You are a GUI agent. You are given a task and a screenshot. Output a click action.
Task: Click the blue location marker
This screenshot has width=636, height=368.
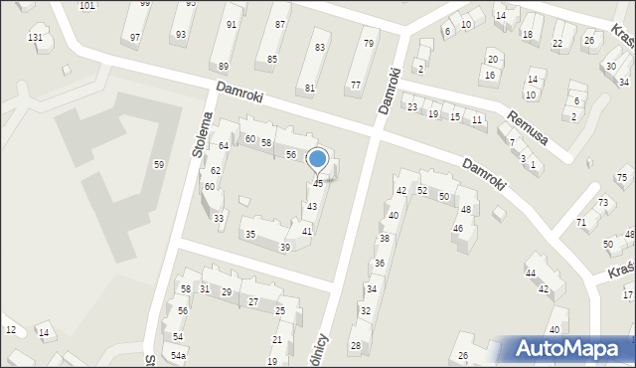click(318, 159)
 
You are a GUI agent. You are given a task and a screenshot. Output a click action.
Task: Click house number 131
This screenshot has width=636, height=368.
click(36, 38)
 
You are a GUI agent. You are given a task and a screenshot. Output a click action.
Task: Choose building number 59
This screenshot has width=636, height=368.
click(158, 164)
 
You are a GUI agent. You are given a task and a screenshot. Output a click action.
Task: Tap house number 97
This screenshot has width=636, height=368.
click(135, 37)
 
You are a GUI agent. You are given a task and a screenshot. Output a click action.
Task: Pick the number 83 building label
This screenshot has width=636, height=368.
click(319, 47)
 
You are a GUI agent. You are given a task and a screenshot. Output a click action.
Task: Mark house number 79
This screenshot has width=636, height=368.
click(369, 43)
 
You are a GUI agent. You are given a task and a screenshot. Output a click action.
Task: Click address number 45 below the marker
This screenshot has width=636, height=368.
click(318, 184)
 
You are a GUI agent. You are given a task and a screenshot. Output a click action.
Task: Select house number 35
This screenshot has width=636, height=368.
click(250, 235)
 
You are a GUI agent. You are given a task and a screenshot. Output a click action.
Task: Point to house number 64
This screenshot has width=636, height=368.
click(224, 146)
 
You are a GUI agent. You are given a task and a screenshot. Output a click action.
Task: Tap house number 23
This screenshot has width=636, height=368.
click(411, 106)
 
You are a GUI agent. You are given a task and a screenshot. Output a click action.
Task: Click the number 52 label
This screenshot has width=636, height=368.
click(422, 190)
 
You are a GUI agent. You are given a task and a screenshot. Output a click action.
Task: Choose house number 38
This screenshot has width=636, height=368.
click(384, 239)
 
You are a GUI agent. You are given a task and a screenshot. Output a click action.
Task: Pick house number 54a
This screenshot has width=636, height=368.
click(178, 355)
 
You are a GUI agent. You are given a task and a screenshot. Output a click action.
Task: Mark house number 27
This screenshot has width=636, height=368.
click(253, 301)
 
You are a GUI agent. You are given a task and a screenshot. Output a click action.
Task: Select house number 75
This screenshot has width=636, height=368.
click(621, 177)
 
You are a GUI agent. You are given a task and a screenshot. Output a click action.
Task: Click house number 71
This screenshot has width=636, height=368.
click(581, 222)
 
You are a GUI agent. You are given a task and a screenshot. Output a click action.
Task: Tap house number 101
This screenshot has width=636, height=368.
click(87, 6)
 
